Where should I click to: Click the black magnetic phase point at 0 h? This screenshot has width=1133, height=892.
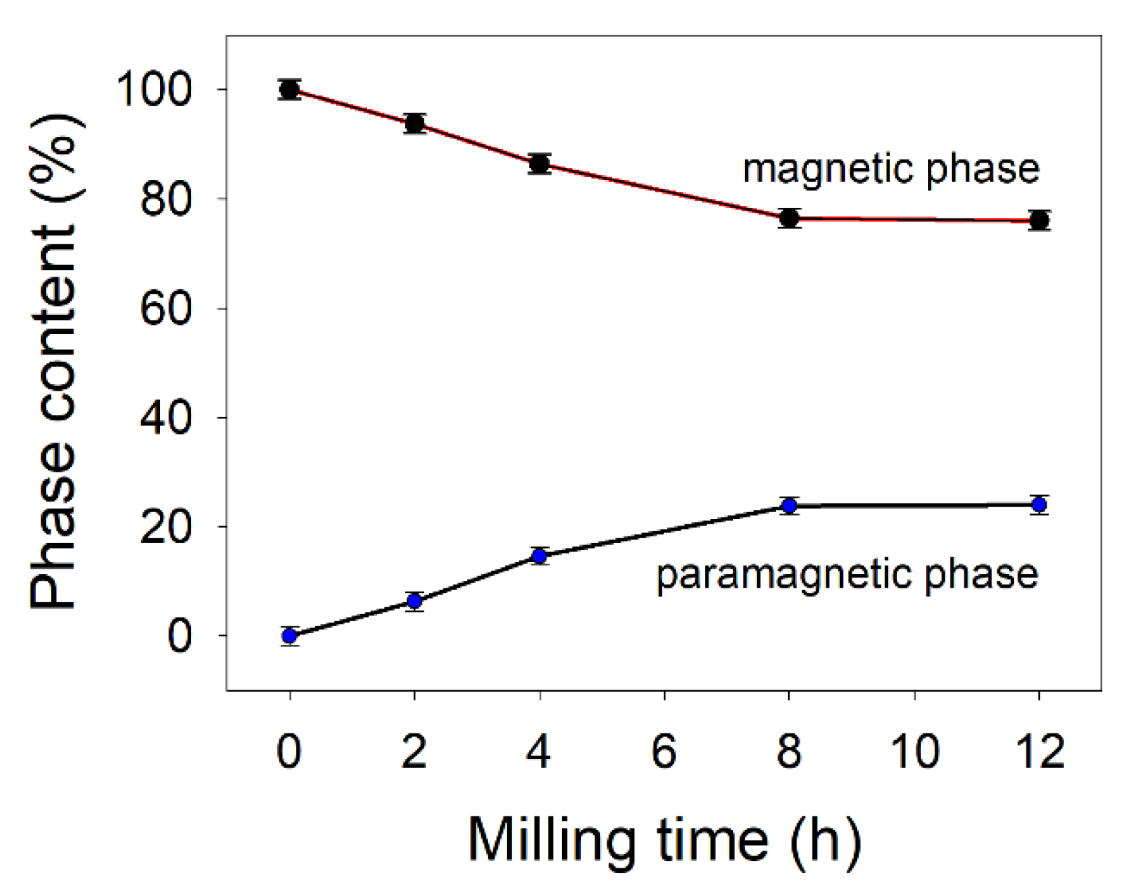[289, 89]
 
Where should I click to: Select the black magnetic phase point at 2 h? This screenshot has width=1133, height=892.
[414, 123]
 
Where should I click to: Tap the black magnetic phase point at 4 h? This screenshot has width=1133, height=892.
[539, 163]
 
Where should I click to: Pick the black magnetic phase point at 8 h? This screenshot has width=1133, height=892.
[789, 218]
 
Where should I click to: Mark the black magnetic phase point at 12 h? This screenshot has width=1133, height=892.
[1039, 220]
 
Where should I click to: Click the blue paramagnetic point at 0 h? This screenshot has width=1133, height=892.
[289, 636]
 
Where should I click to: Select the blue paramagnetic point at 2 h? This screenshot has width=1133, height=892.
[414, 601]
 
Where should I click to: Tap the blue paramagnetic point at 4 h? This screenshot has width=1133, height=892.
[539, 556]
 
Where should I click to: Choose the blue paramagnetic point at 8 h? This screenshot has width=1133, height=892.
[789, 505]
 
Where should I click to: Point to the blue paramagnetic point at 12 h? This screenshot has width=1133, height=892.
[1039, 505]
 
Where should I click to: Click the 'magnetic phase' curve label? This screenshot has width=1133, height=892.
[891, 169]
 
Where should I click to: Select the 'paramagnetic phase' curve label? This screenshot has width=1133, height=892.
[847, 575]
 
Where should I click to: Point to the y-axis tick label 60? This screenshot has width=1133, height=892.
[166, 308]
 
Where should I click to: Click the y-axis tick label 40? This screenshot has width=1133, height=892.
[166, 418]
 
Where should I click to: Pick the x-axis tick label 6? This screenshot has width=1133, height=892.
[664, 750]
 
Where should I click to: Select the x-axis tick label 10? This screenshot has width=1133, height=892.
[914, 750]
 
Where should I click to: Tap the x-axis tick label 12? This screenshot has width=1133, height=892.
[1039, 750]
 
